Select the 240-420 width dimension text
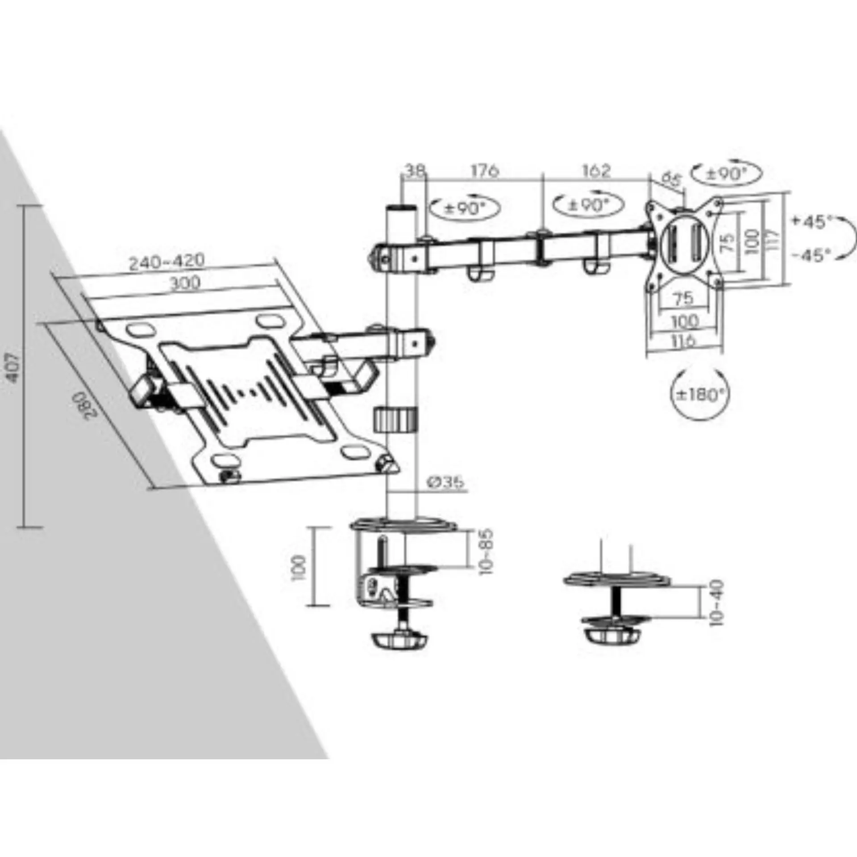[166, 261]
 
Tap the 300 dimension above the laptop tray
[185, 283]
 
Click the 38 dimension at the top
[415, 171]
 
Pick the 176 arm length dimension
[485, 171]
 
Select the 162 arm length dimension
[596, 171]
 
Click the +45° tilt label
[812, 222]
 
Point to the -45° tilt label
[812, 255]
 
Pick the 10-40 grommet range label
[717, 603]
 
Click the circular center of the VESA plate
[681, 244]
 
